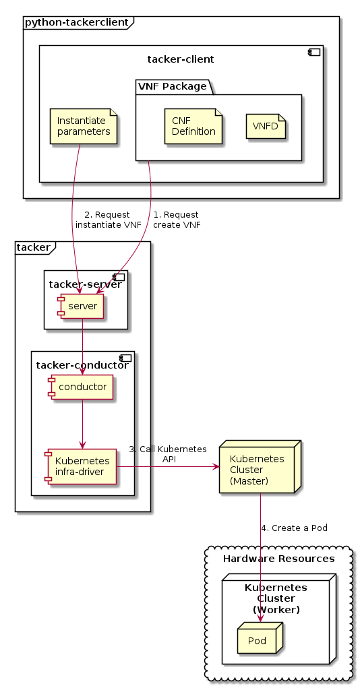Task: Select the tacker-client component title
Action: click(x=181, y=59)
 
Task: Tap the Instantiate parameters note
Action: click(x=84, y=125)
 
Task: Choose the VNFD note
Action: click(x=266, y=126)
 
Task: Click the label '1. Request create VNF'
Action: click(x=177, y=220)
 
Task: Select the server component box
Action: click(x=82, y=307)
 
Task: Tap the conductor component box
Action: click(x=82, y=387)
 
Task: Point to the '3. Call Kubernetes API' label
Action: click(x=168, y=454)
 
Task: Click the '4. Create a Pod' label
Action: click(x=294, y=528)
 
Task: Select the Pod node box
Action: click(x=258, y=639)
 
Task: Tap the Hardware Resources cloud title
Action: click(x=278, y=559)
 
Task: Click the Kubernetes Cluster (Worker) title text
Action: click(x=276, y=598)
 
